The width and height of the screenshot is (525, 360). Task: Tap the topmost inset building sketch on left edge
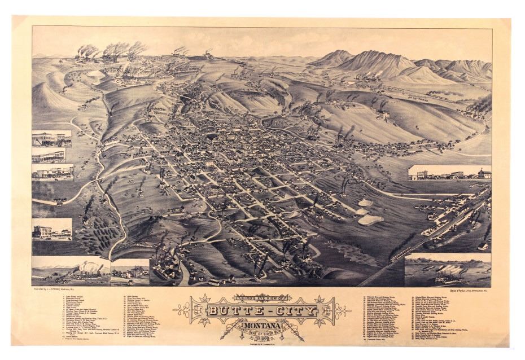(x=51, y=138)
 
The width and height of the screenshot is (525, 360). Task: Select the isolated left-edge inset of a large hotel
(x=51, y=228)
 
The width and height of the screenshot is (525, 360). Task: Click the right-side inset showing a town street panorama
(x=449, y=173)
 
